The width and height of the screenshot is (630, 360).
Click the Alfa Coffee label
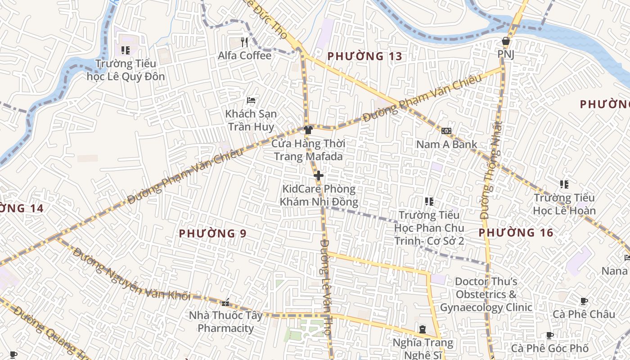(x=245, y=56)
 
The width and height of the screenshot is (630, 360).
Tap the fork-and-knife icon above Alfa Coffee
(x=245, y=42)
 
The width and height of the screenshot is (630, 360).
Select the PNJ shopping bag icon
(x=506, y=41)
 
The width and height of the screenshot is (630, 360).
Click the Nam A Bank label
(x=446, y=144)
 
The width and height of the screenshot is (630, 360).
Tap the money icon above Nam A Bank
(x=446, y=130)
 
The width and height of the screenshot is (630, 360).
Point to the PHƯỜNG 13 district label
(x=364, y=57)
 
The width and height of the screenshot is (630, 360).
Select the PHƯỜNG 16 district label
(x=516, y=233)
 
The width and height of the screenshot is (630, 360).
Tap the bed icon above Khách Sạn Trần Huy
(x=251, y=100)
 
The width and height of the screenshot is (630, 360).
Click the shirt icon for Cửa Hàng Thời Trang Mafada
(x=308, y=130)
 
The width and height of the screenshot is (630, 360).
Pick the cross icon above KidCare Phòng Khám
(x=319, y=175)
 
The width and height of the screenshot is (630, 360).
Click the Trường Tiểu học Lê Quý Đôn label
(x=126, y=70)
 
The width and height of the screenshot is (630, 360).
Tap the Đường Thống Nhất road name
(x=491, y=170)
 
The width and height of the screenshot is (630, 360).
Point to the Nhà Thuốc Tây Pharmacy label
(x=226, y=322)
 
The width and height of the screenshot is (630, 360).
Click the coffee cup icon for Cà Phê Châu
(x=584, y=301)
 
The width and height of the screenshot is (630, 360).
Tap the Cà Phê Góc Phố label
(x=549, y=348)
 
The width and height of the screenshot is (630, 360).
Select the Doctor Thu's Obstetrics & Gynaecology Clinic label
(x=486, y=295)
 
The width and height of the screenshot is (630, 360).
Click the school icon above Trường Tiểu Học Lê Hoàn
(x=564, y=184)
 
